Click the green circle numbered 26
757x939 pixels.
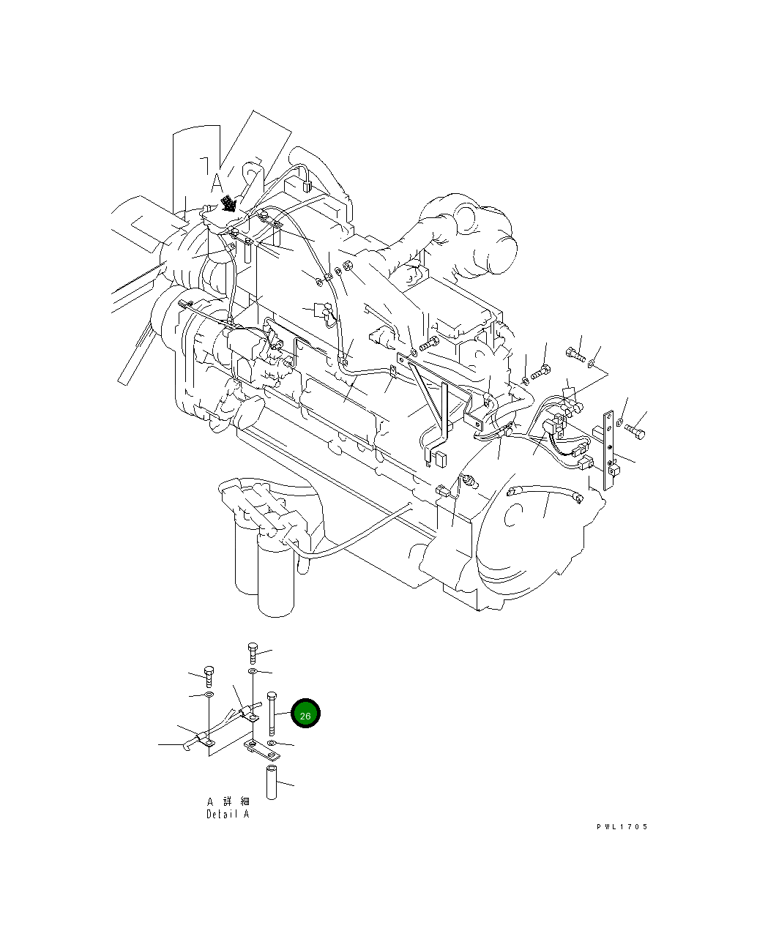305,714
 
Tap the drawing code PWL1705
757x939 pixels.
622,827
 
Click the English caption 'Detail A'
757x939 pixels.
228,814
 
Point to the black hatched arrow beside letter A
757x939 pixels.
230,202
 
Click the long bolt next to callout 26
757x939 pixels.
272,714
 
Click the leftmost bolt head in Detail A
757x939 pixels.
208,674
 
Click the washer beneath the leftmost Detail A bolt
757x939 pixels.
208,694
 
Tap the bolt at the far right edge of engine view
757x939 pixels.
635,431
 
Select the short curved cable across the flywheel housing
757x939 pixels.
545,490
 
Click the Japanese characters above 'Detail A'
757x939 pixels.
228,801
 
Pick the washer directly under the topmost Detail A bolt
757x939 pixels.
253,670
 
